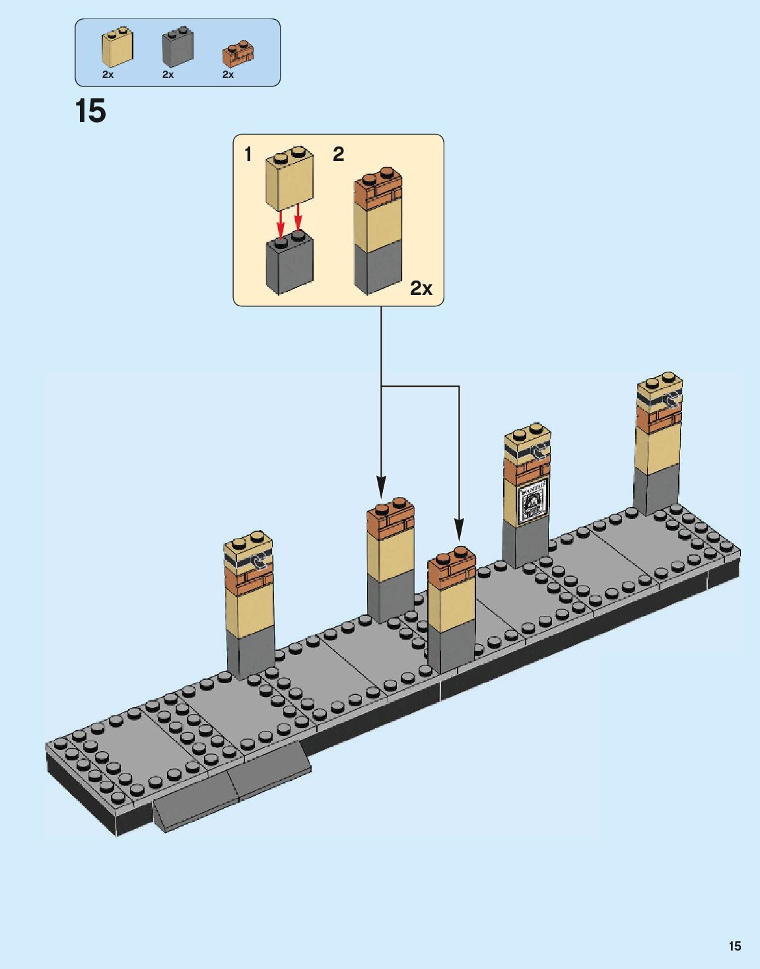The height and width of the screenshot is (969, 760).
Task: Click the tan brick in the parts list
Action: coord(117,48)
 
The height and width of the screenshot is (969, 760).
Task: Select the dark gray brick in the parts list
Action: coord(176,48)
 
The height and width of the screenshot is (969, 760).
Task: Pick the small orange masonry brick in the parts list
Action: coord(238,53)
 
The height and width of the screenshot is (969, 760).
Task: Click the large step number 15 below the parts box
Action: coord(90,111)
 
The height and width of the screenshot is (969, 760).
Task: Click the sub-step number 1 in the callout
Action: coord(248,154)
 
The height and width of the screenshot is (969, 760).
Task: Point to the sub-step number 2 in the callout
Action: coord(338,154)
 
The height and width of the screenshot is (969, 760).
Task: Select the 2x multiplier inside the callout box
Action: coord(421,288)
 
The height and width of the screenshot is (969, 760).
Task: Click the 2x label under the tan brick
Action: coord(108,75)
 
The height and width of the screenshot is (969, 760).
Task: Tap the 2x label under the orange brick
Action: coord(228,75)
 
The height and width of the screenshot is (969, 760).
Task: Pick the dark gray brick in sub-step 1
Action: coord(289,264)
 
